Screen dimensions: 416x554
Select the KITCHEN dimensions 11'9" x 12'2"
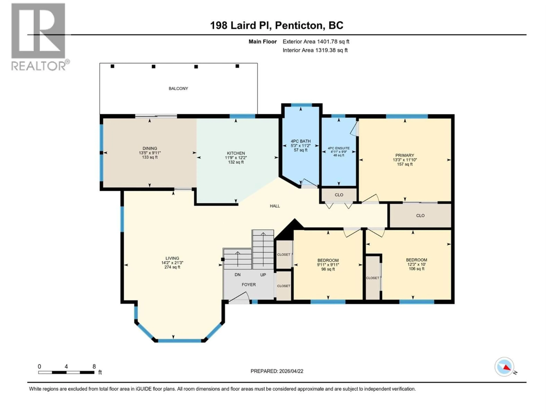[x=236, y=158]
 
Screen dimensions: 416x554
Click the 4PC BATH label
[x=301, y=141]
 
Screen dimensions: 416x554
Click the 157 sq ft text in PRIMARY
[x=405, y=164]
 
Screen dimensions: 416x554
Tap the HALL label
[x=275, y=206]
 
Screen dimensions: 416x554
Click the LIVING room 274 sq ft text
[x=172, y=267]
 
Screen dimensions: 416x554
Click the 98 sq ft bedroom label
[x=328, y=269]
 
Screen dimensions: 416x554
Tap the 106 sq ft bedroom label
[x=417, y=269]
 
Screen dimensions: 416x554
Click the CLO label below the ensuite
[x=339, y=195]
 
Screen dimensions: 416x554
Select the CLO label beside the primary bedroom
[x=420, y=215]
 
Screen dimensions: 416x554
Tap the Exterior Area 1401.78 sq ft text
[x=316, y=42]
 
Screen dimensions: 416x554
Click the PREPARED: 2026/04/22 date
[x=277, y=371]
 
